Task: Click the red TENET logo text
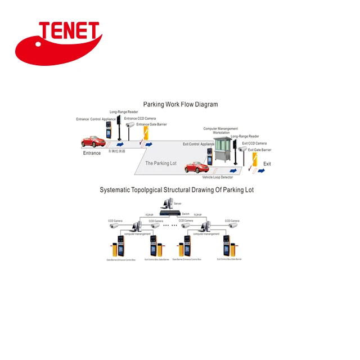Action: tap(69, 32)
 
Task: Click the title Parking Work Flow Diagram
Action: tap(180, 104)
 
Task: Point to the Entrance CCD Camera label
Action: tap(140, 119)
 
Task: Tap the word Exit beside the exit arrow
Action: tap(267, 164)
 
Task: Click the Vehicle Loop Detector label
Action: tap(218, 177)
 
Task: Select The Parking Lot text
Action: tap(161, 163)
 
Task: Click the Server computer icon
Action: tap(168, 203)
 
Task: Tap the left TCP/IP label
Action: tap(149, 214)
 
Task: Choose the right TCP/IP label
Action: tap(197, 214)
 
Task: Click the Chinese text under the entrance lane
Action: tap(116, 151)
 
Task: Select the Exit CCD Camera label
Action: tap(254, 143)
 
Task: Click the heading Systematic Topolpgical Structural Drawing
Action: tap(177, 190)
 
